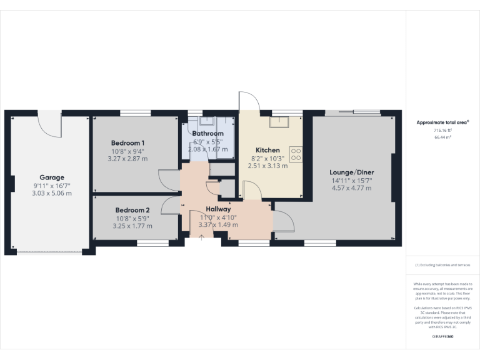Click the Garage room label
(x=52, y=177)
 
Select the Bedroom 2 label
(x=132, y=210)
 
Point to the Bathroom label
(x=207, y=133)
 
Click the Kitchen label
(x=267, y=150)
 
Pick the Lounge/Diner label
(x=356, y=172)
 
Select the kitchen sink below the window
(x=279, y=121)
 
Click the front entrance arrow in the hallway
(x=201, y=236)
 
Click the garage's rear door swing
(x=48, y=127)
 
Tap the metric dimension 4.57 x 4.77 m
(x=355, y=188)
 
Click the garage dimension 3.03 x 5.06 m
(x=52, y=194)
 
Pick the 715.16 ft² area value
(x=442, y=130)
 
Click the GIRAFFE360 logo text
(x=442, y=337)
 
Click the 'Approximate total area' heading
(x=442, y=122)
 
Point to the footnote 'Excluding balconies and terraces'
(x=442, y=266)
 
